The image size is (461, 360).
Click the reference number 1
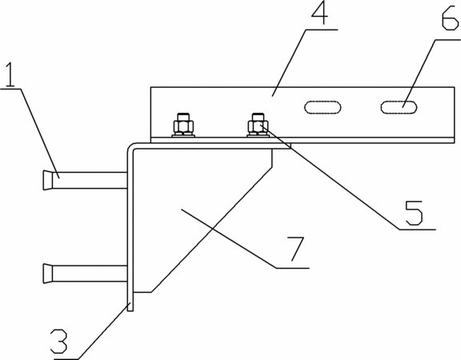click(x=10, y=74)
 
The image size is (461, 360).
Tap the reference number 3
click(x=59, y=341)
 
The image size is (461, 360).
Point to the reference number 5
click(x=414, y=213)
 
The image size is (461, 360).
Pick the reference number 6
click(x=450, y=18)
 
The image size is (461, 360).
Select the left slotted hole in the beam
click(x=323, y=107)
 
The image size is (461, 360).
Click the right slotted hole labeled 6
click(x=399, y=107)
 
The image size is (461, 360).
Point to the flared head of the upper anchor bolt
click(x=48, y=180)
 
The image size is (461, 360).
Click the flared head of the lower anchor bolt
click(x=48, y=274)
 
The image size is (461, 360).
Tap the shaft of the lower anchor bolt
click(x=90, y=274)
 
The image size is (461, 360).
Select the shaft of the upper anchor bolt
click(x=90, y=180)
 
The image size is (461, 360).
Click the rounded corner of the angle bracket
click(x=131, y=147)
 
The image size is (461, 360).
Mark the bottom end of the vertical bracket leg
click(x=130, y=311)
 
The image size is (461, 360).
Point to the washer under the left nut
click(x=183, y=135)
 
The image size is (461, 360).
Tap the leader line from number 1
click(x=40, y=133)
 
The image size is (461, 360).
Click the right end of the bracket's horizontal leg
click(x=291, y=146)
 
